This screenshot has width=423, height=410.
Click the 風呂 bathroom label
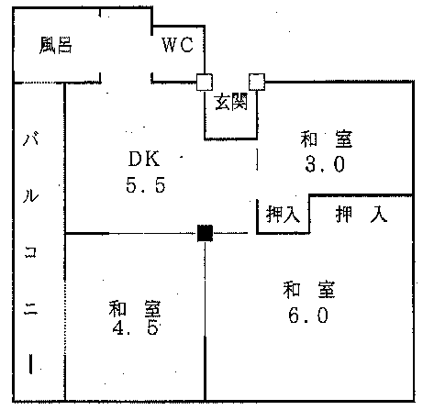(56, 45)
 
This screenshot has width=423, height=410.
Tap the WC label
(177, 45)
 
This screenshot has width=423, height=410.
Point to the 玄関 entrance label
(231, 102)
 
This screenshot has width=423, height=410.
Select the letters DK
(144, 159)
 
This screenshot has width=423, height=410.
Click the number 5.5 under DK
(146, 185)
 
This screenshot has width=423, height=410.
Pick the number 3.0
(325, 164)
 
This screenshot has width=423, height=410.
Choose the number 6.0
(308, 316)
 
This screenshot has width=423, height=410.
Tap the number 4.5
(135, 327)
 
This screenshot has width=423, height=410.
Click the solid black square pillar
(205, 233)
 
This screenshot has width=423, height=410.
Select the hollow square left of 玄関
(205, 82)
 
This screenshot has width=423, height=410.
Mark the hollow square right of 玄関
(257, 82)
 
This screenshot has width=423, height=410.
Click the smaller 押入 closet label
(283, 214)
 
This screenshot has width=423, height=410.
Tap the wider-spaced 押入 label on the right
(362, 214)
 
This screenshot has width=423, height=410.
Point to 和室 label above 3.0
(326, 139)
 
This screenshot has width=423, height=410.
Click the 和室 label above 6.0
(309, 289)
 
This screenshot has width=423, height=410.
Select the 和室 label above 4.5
(135, 308)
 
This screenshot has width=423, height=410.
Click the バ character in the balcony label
(31, 139)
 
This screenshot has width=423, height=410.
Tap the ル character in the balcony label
(31, 195)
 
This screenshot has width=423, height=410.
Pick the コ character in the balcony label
(30, 252)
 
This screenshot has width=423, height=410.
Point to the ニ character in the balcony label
(30, 309)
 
